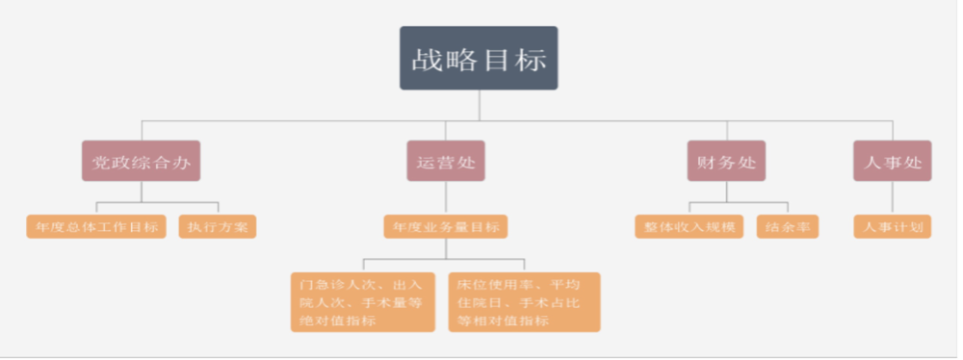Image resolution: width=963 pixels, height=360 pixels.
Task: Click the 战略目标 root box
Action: (479, 58)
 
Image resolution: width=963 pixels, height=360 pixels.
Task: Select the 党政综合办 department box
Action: (141, 162)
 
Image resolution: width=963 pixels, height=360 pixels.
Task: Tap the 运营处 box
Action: (446, 162)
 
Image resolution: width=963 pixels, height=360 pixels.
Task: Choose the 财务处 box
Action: (726, 162)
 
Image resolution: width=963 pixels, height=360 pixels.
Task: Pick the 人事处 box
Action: (893, 162)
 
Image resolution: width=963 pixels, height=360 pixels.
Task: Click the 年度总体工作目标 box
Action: (95, 227)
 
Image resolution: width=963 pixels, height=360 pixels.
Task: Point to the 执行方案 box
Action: (218, 227)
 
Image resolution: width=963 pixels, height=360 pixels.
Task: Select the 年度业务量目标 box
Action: (446, 227)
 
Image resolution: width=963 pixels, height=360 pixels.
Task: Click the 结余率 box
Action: (787, 227)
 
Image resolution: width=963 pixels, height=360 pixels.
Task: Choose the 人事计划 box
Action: (893, 227)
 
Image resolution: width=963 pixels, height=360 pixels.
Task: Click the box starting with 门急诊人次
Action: (363, 302)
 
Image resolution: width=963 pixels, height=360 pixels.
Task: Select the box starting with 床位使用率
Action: (524, 302)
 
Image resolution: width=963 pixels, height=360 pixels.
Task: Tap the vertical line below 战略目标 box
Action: (479, 106)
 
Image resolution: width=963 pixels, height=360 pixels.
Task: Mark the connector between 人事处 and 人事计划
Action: (893, 198)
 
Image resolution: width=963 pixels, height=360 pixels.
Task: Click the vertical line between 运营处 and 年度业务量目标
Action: (446, 198)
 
